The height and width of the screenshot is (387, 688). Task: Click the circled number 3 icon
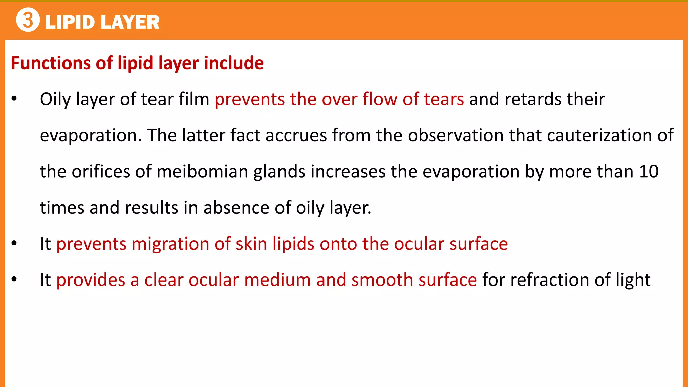click(28, 20)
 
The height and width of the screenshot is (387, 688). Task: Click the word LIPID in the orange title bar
click(70, 23)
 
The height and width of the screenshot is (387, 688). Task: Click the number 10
click(649, 172)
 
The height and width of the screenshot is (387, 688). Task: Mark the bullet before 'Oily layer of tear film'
click(14, 99)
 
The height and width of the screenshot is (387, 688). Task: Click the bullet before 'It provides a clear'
click(14, 279)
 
